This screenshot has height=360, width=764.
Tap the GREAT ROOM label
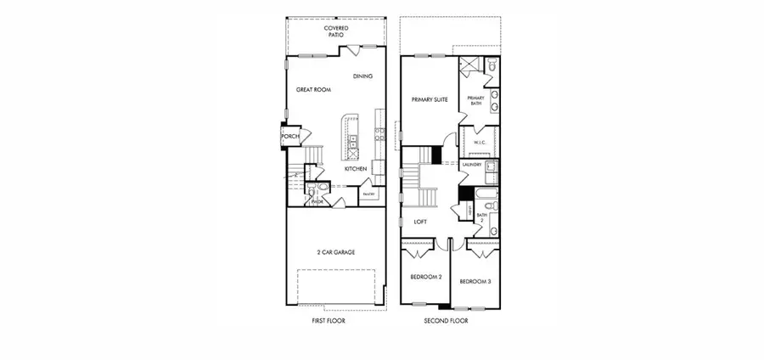coord(312,89)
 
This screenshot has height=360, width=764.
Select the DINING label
coord(362,76)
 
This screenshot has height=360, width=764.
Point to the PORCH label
coord(290,137)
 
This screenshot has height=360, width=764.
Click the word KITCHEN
coord(356,169)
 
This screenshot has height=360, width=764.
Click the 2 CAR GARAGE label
coord(338,252)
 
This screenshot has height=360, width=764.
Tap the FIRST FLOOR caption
coord(329,322)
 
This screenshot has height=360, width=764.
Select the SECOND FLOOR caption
coord(447,322)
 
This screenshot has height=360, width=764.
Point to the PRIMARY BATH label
coord(475,100)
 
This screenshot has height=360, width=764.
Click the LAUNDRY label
coord(472,165)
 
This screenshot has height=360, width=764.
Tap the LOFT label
coord(420,222)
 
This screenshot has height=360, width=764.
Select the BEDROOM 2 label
coord(426,278)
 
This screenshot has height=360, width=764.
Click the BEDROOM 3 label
coord(475,281)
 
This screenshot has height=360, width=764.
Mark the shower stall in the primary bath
coord(469,68)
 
